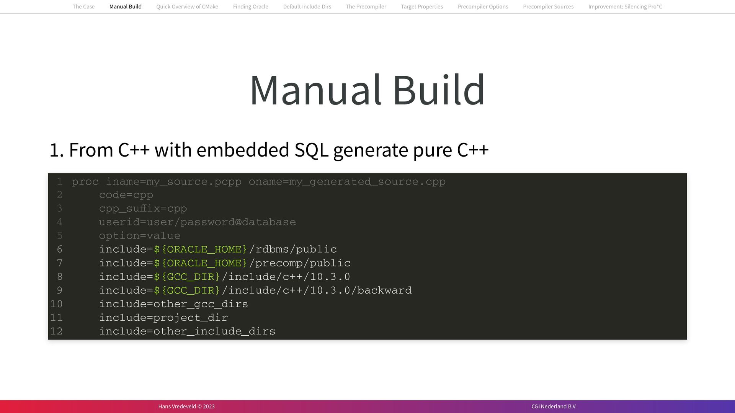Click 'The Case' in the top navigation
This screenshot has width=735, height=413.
(x=83, y=7)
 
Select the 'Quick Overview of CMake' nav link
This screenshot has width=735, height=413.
(x=187, y=7)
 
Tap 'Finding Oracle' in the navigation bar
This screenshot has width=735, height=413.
(x=250, y=7)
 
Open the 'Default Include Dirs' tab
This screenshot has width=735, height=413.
(x=307, y=7)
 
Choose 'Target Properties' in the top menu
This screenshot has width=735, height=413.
(x=422, y=7)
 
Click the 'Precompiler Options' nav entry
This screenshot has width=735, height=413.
(x=483, y=7)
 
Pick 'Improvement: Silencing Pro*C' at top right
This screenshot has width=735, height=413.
(x=625, y=7)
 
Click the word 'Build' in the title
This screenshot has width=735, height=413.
(x=439, y=90)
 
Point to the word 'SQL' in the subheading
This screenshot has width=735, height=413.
(x=311, y=150)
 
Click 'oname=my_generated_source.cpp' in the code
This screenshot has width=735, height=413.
(x=347, y=181)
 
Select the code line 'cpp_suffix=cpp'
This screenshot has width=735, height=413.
(x=143, y=209)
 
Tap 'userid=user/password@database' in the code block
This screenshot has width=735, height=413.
(x=197, y=222)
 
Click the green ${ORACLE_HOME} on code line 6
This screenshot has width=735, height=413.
(x=200, y=250)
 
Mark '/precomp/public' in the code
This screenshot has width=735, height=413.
(x=300, y=263)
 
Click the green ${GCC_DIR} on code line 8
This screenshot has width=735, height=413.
(x=187, y=277)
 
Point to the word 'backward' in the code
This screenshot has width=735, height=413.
(x=384, y=291)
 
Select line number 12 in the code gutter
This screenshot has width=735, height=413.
(x=56, y=331)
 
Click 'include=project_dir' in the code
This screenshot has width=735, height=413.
(x=163, y=318)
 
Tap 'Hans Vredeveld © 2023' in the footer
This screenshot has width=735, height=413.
(x=186, y=406)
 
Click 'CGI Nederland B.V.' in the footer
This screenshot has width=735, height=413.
(x=554, y=406)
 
